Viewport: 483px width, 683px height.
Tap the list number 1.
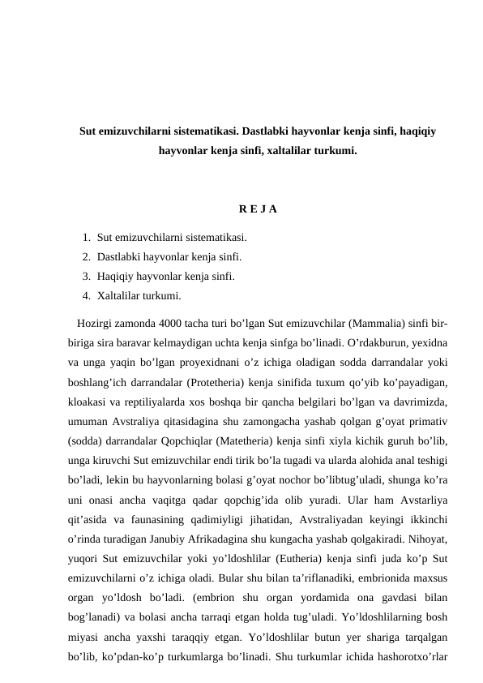[x=86, y=238]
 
